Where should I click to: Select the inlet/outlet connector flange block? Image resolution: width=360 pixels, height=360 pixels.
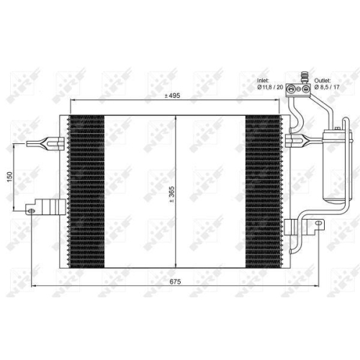pyautogui.click(x=297, y=89)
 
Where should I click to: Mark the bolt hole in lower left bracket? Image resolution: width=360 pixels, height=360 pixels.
pyautogui.click(x=31, y=210)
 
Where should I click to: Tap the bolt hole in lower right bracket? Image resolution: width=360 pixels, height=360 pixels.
pyautogui.click(x=315, y=227)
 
